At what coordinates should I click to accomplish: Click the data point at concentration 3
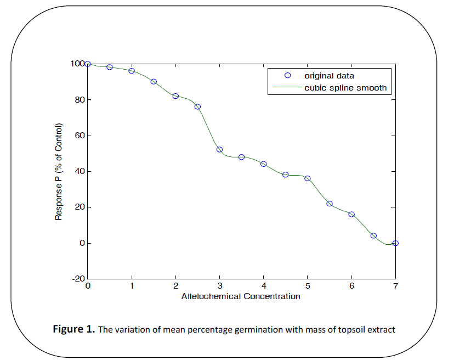pyautogui.click(x=219, y=149)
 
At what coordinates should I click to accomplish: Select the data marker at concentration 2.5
pyautogui.click(x=197, y=106)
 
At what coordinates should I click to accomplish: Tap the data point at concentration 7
pyautogui.click(x=395, y=243)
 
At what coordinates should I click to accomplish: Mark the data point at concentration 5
pyautogui.click(x=308, y=178)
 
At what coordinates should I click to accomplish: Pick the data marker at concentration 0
pyautogui.click(x=88, y=64)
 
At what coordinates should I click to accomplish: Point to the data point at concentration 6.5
pyautogui.click(x=373, y=236)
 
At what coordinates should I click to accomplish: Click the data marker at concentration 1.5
pyautogui.click(x=154, y=82)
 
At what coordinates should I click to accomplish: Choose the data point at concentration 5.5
pyautogui.click(x=330, y=204)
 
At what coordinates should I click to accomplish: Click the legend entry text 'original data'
pyautogui.click(x=330, y=76)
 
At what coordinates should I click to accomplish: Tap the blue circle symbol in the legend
pyautogui.click(x=286, y=76)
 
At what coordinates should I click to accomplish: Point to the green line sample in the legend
pyautogui.click(x=286, y=87)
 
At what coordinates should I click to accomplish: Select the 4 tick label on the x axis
pyautogui.click(x=263, y=286)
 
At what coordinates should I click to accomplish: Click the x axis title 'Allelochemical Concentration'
pyautogui.click(x=241, y=296)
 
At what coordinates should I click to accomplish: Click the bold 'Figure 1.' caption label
pyautogui.click(x=74, y=329)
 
